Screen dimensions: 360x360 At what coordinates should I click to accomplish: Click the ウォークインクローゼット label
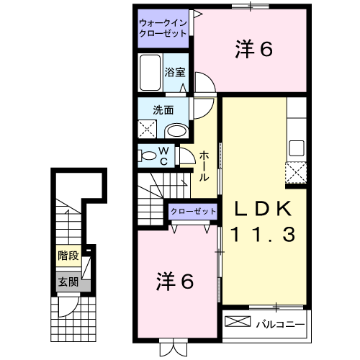164,28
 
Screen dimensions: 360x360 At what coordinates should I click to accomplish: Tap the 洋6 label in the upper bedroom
254,49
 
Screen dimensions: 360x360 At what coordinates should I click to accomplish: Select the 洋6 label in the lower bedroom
175,282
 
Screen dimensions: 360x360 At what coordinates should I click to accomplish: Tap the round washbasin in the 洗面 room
175,130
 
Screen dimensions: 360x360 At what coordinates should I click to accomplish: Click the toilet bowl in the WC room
148,156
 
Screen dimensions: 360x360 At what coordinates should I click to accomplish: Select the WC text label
164,156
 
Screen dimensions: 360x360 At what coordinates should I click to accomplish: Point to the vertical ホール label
204,166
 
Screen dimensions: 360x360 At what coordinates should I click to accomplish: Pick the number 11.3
263,234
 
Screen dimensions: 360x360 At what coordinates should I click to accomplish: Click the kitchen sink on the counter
297,148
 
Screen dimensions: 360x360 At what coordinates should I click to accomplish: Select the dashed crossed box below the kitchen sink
296,173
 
